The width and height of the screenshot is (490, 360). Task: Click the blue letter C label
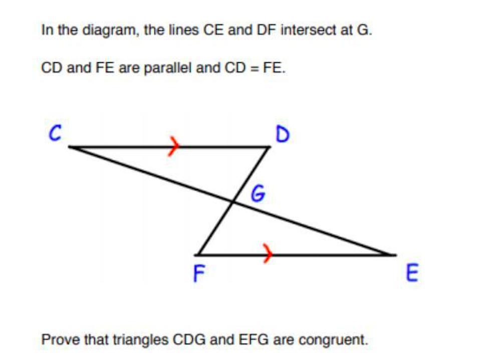tap(56, 133)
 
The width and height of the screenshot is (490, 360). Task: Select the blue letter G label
tap(258, 193)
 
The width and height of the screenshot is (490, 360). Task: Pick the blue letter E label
tap(411, 274)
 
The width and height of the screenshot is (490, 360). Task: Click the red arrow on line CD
tap(174, 146)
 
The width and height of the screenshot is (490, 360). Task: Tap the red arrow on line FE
tap(270, 255)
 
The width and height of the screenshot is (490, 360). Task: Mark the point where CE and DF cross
tap(233, 202)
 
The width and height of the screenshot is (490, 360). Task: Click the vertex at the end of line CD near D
tap(270, 147)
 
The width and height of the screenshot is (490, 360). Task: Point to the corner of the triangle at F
tap(198, 255)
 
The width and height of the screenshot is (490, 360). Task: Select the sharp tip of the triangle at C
tap(69, 147)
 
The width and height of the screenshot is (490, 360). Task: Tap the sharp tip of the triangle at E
tap(394, 255)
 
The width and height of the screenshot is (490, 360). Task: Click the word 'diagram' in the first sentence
tap(102, 30)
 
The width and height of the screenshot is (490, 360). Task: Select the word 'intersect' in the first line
tap(304, 30)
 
